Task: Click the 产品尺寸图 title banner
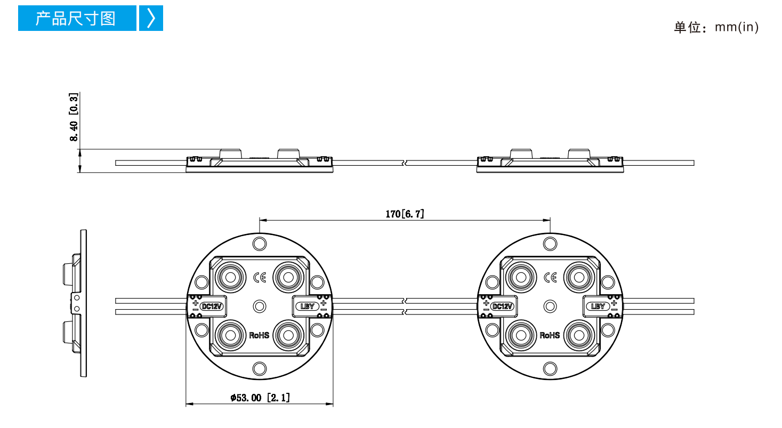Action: click(x=77, y=18)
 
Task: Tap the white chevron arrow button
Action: click(x=151, y=18)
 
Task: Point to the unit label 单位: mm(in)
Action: click(x=716, y=27)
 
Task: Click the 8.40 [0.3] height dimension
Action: click(x=74, y=117)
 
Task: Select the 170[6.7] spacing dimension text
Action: click(x=405, y=214)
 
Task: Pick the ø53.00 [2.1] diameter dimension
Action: click(x=260, y=398)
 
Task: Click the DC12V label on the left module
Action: click(x=212, y=306)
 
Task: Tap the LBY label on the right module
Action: click(x=598, y=306)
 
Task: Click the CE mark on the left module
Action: click(x=260, y=278)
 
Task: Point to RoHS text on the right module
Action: click(x=550, y=335)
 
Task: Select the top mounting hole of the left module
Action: click(x=260, y=244)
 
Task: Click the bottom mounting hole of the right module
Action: click(x=550, y=369)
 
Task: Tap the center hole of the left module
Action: click(x=260, y=306)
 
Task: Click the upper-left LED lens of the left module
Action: click(x=230, y=278)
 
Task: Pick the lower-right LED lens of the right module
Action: click(x=579, y=335)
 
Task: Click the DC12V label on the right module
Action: click(x=502, y=306)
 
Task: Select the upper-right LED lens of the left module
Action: click(x=288, y=278)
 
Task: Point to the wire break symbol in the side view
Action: click(x=405, y=163)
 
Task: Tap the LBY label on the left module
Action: click(x=307, y=306)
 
